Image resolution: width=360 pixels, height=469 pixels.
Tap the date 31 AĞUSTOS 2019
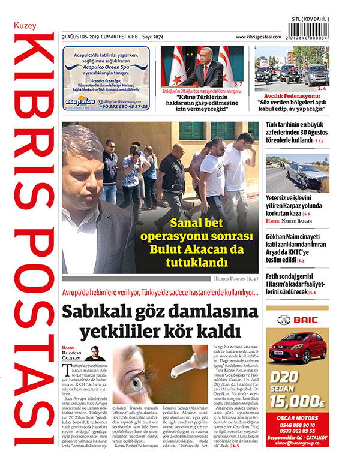pos(82,37)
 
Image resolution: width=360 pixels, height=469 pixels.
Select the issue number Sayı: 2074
pos(155,37)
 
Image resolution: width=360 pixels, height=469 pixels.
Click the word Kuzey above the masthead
pos(25,28)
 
